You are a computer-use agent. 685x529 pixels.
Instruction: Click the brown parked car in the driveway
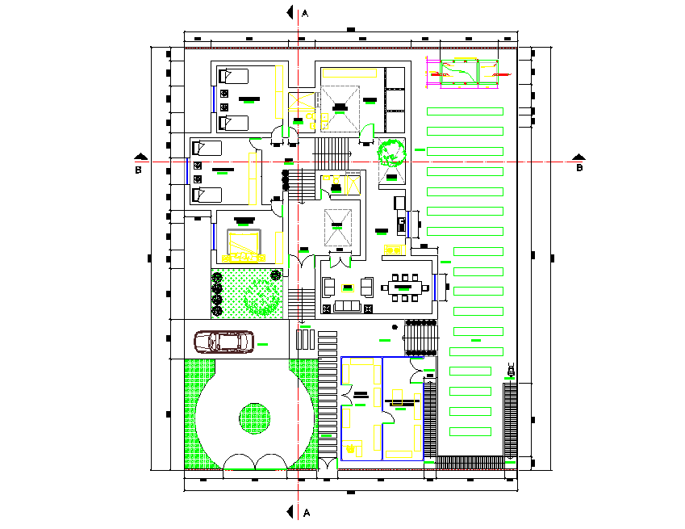coord(224,342)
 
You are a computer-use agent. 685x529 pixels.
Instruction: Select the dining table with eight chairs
coord(407,286)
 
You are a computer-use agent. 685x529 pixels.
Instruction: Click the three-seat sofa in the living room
coord(348,307)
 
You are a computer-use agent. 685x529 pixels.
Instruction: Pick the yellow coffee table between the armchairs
coord(348,287)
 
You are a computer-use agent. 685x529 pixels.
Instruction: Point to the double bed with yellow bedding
coord(243,245)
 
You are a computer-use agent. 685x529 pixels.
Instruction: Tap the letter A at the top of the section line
coord(305,13)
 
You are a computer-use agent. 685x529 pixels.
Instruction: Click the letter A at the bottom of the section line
coord(306,513)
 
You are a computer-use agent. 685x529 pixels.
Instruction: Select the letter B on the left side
coord(138,170)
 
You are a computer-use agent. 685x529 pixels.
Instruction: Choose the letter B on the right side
coord(578,169)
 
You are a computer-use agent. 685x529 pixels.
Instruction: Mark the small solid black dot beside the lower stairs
coord(395,327)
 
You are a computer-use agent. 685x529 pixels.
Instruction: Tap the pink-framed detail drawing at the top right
coord(464,73)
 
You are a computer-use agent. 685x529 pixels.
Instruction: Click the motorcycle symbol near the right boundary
coord(511,372)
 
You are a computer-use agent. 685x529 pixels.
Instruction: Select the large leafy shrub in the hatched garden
coord(261,296)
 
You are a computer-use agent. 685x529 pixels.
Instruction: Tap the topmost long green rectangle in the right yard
coord(464,111)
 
